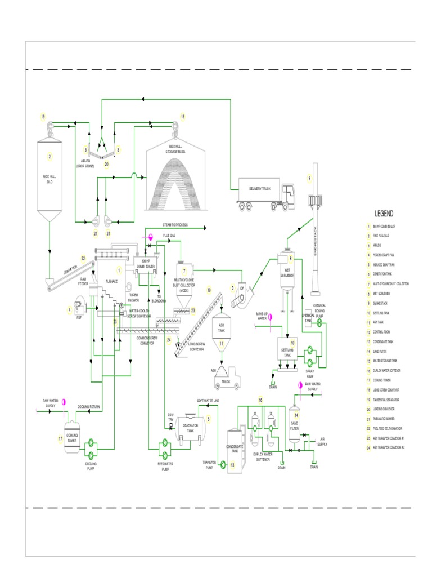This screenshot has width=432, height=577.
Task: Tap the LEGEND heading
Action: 384,214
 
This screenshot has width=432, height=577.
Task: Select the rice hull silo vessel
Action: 49,175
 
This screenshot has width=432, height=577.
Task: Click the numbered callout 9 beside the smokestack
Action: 309,179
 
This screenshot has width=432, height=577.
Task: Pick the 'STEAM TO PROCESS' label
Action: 175,225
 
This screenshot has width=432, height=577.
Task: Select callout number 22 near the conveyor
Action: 83,259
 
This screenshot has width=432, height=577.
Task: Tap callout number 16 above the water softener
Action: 260,400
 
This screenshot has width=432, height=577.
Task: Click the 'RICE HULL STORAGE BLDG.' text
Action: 175,148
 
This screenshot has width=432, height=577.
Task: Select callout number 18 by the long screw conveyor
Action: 209,291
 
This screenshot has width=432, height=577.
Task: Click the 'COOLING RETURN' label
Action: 88,406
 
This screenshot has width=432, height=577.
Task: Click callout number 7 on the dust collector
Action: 183,271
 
